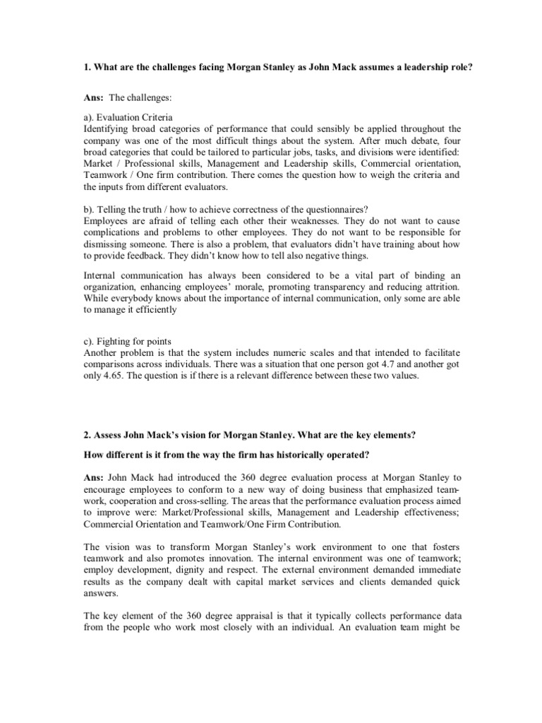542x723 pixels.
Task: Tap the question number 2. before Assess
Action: [x=87, y=436]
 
